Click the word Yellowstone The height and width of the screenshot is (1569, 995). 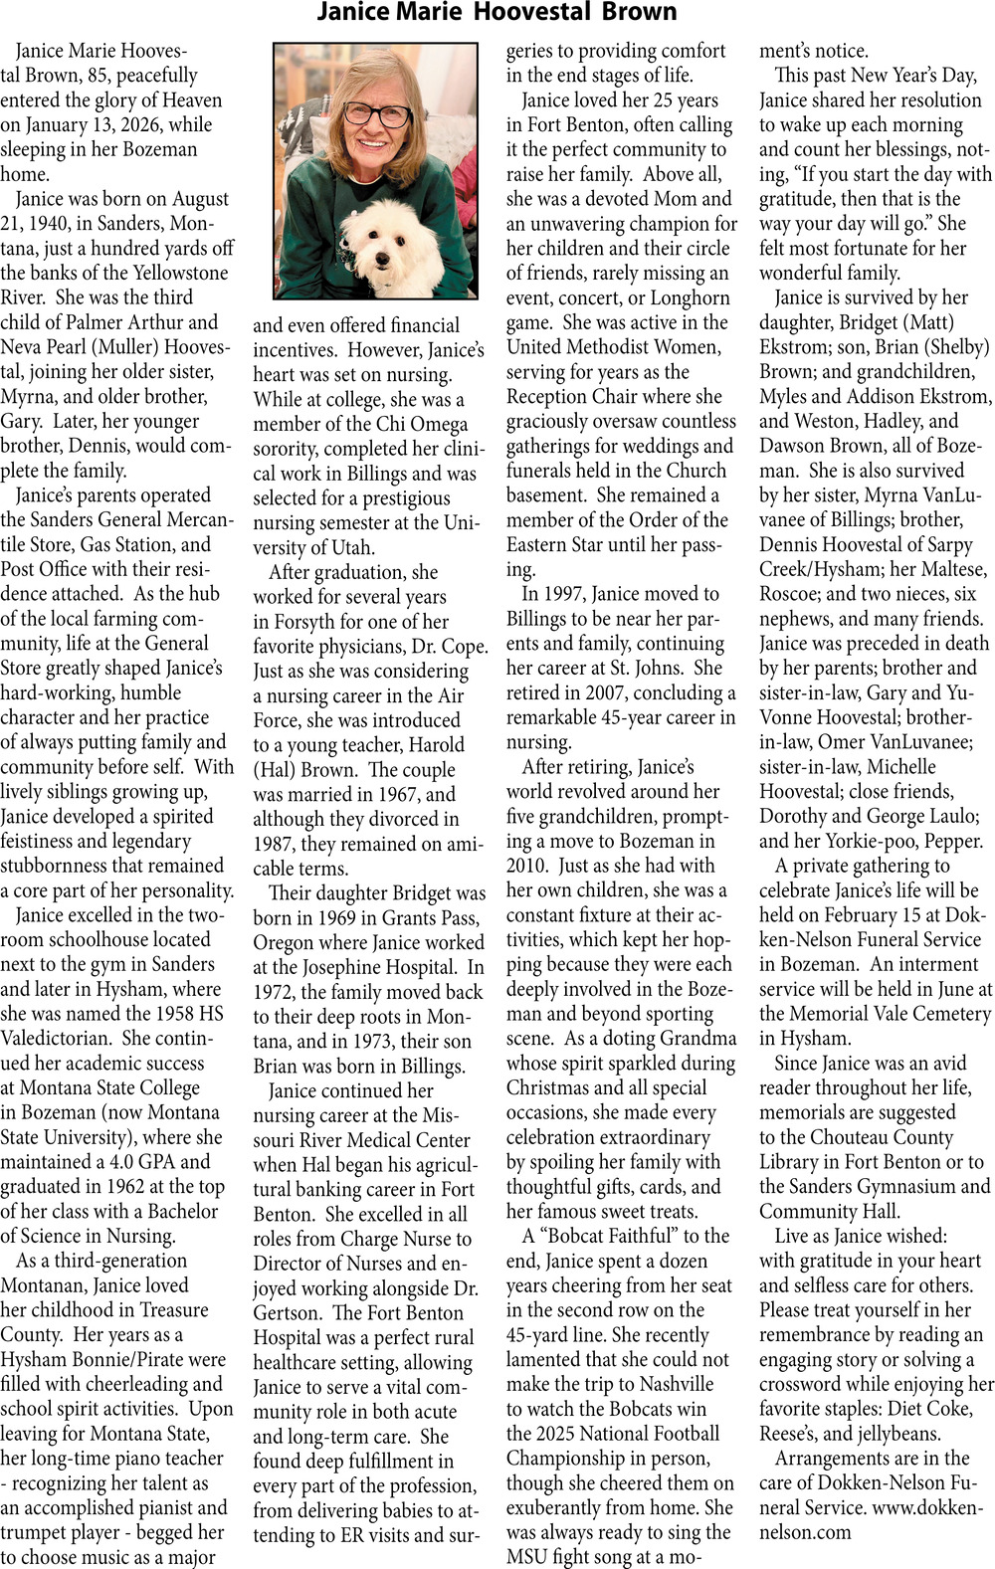click(x=174, y=273)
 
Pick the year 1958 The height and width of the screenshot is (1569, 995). click(x=164, y=1014)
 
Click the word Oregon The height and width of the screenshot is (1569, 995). click(x=285, y=942)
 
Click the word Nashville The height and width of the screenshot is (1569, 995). click(x=665, y=1384)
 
